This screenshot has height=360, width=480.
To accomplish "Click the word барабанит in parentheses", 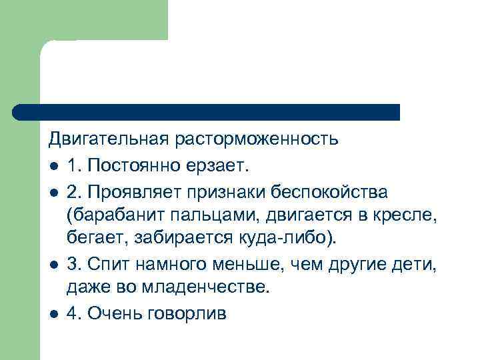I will click(x=111, y=216).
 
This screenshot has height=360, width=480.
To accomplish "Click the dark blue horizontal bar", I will click(x=207, y=112).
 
